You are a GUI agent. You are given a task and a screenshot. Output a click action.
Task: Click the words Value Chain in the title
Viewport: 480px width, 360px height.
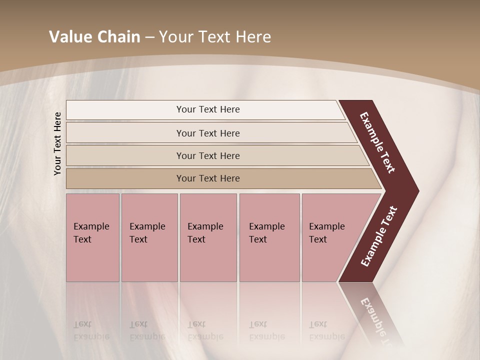(94, 37)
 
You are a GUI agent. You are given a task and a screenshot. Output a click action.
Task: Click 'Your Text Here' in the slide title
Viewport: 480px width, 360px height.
(215, 37)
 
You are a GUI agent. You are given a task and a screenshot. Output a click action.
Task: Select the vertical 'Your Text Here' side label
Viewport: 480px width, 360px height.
(57, 143)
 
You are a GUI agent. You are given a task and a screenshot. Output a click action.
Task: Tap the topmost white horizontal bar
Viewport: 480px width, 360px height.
(208, 109)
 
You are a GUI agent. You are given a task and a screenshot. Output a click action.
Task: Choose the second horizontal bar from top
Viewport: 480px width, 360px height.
(208, 133)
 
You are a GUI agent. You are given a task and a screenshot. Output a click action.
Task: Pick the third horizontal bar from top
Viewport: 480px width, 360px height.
(208, 155)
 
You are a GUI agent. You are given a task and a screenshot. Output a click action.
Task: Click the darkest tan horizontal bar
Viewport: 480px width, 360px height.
(208, 178)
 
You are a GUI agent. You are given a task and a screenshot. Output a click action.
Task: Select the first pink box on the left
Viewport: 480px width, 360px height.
(92, 237)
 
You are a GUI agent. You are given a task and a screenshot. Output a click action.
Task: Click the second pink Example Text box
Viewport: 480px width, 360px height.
(149, 237)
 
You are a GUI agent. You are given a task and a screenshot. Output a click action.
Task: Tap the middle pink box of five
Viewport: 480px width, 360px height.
(208, 237)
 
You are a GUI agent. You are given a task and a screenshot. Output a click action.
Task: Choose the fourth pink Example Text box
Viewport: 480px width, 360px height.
(269, 237)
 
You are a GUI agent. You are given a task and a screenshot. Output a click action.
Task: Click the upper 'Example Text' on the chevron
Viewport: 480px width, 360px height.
(377, 142)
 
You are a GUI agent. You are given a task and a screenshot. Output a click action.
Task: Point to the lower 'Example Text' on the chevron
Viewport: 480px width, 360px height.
(378, 236)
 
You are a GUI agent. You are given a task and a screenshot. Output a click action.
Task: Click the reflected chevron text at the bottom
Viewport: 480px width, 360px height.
(375, 320)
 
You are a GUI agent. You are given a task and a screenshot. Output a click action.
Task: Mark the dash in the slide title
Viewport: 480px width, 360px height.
(149, 37)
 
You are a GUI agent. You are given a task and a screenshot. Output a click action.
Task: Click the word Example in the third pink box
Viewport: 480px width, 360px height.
(205, 226)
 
